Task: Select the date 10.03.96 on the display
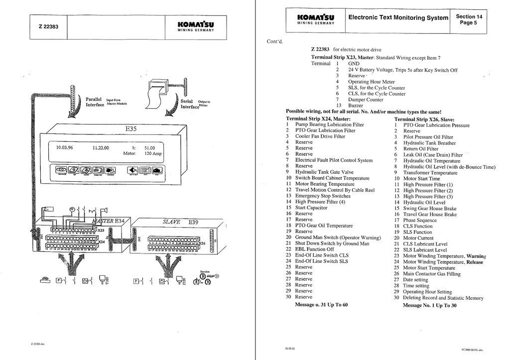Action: coord(65,148)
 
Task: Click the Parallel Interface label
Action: coord(95,102)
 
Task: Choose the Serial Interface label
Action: coord(189,104)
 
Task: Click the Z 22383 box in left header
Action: coord(48,26)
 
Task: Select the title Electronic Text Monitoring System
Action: coord(398,18)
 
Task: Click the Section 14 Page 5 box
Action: coord(469,19)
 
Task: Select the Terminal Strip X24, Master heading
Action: coord(319,119)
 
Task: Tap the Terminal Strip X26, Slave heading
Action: coord(424,120)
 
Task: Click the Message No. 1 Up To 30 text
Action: coord(429,306)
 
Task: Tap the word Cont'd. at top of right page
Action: coord(275,41)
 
